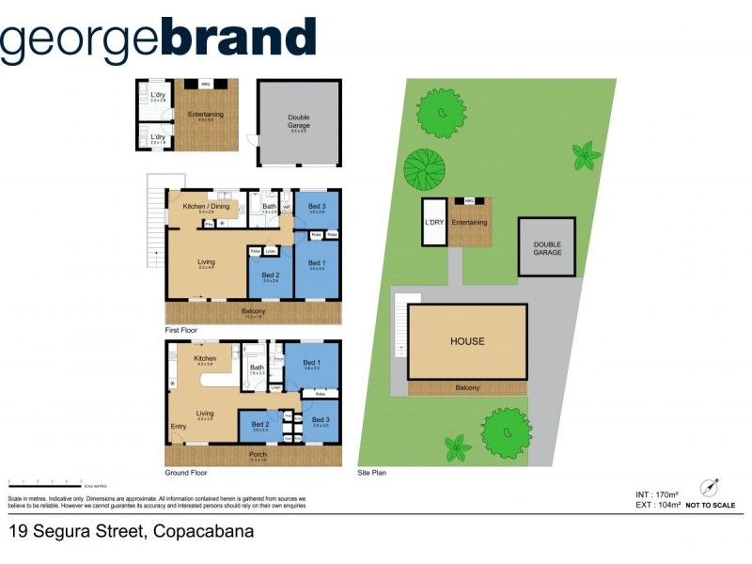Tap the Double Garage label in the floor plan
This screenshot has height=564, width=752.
pos(299,122)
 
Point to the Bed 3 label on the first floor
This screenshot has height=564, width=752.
pos(317,207)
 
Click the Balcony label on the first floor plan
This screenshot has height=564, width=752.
pos(253,311)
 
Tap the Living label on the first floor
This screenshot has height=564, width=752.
pos(207,262)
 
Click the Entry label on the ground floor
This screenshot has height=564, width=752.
pos(178,427)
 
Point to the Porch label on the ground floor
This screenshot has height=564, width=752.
pos(258,455)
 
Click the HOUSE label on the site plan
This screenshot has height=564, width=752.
pos(467,341)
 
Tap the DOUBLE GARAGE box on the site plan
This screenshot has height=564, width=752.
pos(547,248)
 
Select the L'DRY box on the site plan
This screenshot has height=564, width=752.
pos(433,223)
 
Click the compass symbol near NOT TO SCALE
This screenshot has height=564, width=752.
pos(709,488)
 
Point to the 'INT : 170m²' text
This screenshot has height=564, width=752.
pos(657,493)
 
